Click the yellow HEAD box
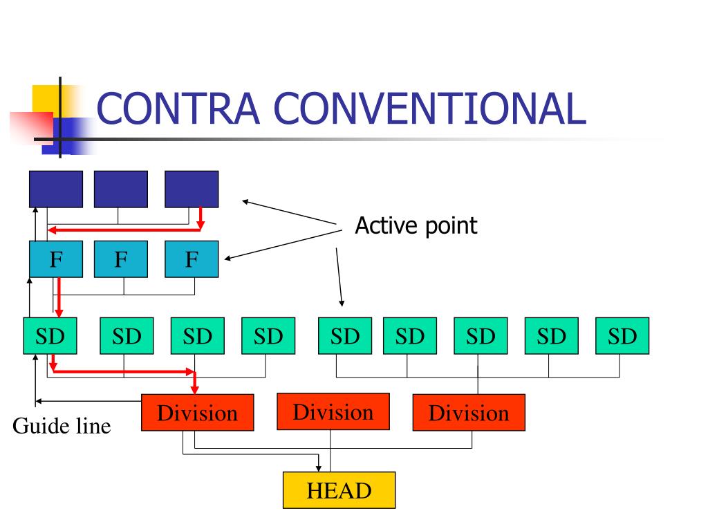click(x=339, y=490)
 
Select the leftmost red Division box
click(x=197, y=412)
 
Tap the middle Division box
click(x=333, y=411)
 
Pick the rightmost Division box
click(x=469, y=412)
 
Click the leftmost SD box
click(x=50, y=336)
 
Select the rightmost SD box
click(x=622, y=336)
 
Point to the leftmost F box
click(x=56, y=259)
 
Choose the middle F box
click(x=120, y=259)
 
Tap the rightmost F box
click(x=192, y=259)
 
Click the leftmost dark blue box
click(x=56, y=189)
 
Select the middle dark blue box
click(x=120, y=189)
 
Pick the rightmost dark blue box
click(x=192, y=189)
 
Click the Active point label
click(x=416, y=226)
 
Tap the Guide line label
click(x=62, y=426)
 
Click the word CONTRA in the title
click(x=178, y=109)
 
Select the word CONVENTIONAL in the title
click(x=430, y=109)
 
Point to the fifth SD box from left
click(x=345, y=336)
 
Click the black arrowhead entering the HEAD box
click(x=319, y=469)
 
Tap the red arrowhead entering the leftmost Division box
click(x=194, y=390)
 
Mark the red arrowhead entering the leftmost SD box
click(x=59, y=313)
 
